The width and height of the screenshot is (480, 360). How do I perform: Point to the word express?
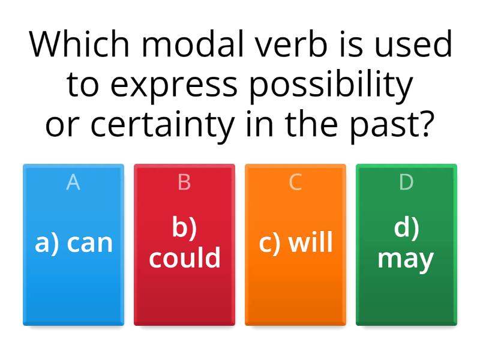tap(174, 85)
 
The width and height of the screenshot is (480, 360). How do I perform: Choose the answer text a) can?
tap(74, 243)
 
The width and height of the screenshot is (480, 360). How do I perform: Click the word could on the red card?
tap(185, 258)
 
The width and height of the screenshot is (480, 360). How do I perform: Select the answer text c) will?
tap(295, 243)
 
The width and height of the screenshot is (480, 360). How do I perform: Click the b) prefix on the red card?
tap(184, 228)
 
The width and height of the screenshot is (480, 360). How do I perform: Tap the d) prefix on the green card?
tap(406, 228)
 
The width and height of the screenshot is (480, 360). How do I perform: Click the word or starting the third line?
tap(63, 125)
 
